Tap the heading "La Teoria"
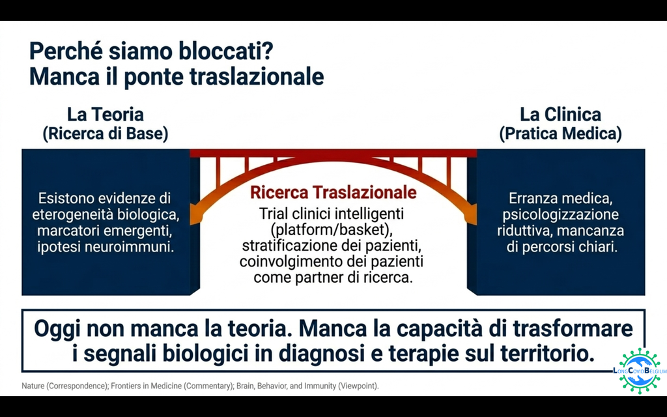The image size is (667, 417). [106, 115]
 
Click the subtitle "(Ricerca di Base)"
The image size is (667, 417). [106, 134]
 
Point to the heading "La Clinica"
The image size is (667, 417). [560, 115]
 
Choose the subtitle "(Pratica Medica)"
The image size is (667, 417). [560, 134]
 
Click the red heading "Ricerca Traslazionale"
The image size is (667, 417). [333, 192]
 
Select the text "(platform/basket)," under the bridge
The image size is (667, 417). [332, 230]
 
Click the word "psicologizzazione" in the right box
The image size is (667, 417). [560, 214]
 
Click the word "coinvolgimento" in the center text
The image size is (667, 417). [290, 262]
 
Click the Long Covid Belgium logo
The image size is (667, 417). [640, 371]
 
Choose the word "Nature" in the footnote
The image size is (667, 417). [33, 386]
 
